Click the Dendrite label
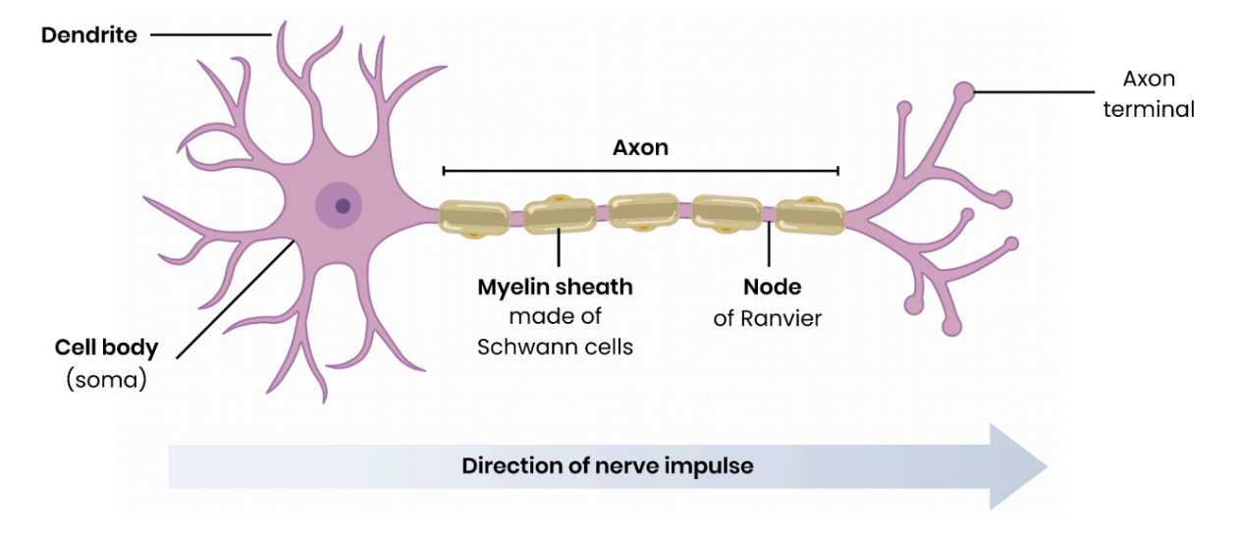[88, 35]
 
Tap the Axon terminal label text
[1149, 94]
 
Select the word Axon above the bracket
[640, 147]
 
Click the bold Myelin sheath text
[555, 288]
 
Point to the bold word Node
[772, 288]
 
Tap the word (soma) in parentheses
[106, 379]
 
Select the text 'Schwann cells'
[555, 347]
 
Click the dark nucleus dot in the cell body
[342, 206]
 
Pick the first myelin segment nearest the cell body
[473, 218]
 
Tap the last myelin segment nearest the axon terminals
[809, 218]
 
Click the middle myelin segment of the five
[642, 212]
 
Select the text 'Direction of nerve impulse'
[608, 465]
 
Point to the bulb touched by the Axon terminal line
[965, 93]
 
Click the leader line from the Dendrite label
[210, 35]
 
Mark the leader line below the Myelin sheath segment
[559, 249]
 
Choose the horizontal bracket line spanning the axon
[640, 171]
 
